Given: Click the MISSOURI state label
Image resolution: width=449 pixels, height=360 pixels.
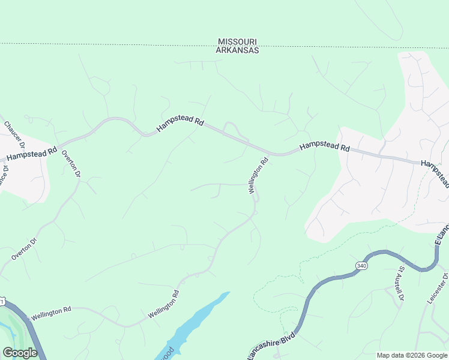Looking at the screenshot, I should click(238, 42).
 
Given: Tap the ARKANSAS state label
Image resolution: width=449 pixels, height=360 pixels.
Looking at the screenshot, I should click(238, 51).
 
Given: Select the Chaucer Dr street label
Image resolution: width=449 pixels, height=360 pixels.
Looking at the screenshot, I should click(14, 134).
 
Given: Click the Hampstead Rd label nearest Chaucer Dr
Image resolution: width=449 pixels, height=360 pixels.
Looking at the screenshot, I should click(31, 154).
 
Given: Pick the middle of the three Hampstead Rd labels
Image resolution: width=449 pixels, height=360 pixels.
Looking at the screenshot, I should click(180, 124).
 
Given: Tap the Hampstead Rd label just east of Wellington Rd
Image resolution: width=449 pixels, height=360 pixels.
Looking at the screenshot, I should click(324, 146).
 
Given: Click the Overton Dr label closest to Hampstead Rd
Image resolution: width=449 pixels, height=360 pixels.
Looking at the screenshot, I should click(71, 163).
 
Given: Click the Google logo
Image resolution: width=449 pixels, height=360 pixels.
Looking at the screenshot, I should click(20, 353).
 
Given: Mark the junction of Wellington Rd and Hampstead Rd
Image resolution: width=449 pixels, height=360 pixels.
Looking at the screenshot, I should click(268, 154).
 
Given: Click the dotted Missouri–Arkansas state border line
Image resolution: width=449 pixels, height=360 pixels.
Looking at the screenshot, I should click(120, 44).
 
